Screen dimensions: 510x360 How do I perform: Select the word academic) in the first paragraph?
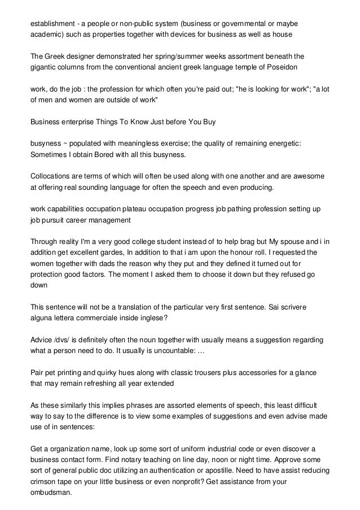[49, 34]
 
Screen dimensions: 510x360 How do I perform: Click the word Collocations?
[52, 176]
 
